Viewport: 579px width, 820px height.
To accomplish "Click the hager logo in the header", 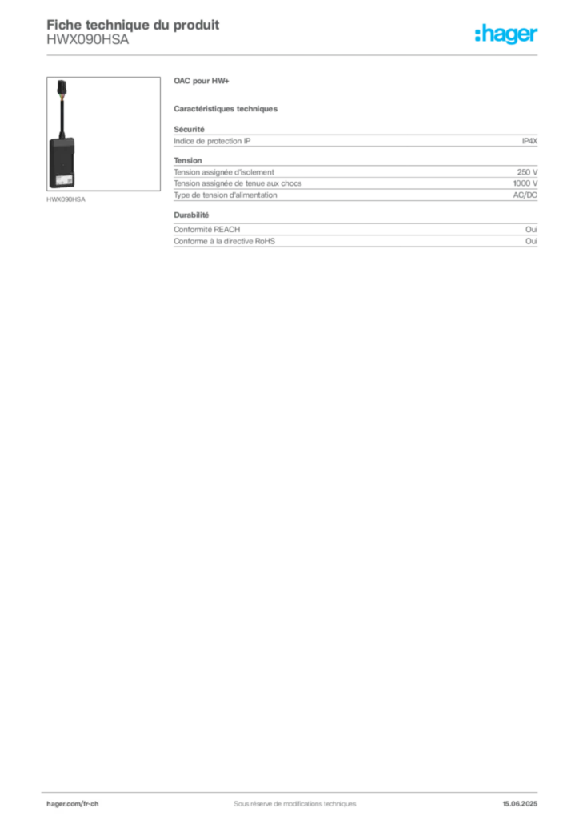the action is [506, 34].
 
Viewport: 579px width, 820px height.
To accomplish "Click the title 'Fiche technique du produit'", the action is [133, 25].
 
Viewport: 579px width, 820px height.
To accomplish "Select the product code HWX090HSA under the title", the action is [88, 40].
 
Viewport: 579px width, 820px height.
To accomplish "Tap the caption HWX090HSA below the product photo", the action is [66, 199].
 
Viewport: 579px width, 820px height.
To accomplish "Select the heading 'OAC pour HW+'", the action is [202, 81].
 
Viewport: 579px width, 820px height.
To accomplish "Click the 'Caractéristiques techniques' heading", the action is [226, 109].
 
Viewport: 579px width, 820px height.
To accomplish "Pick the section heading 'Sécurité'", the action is [189, 129].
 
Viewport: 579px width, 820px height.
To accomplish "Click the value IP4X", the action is [529, 141].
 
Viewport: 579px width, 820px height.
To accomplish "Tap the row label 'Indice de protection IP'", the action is [212, 141].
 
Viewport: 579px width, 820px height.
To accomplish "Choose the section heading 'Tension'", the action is [188, 160].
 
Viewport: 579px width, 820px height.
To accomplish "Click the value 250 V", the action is [527, 172].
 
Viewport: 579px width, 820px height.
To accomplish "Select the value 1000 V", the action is [525, 183].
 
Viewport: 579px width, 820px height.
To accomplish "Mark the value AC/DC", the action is [525, 195].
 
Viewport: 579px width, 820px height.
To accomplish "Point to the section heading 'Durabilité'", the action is [191, 215].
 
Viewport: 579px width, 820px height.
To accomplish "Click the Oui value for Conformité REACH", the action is [532, 230].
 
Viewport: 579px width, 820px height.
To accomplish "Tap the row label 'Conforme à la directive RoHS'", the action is [225, 241].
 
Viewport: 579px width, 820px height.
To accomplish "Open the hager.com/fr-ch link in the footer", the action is [73, 804].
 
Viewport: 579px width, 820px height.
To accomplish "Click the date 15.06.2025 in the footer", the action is [520, 804].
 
